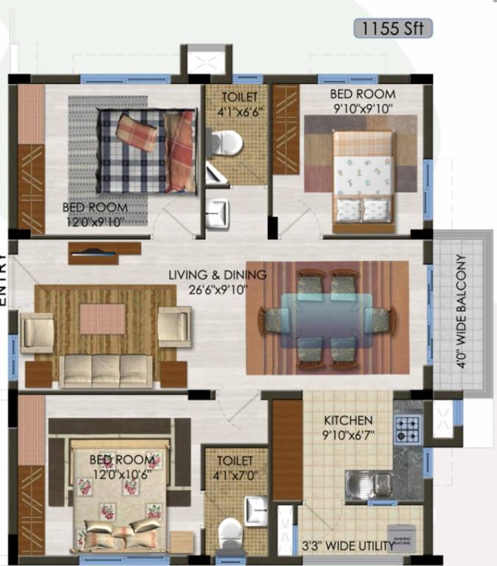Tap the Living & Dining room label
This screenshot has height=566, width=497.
tap(217, 275)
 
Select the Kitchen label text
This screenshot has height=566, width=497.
tap(348, 420)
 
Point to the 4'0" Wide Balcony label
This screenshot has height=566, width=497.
tap(462, 311)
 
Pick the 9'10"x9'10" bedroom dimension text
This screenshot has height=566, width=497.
tap(362, 108)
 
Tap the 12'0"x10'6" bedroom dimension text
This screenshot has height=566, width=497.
tap(123, 473)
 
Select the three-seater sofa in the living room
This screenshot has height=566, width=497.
tap(105, 371)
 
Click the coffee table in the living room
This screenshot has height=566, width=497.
tap(102, 319)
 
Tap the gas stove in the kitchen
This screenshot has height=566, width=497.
tap(407, 429)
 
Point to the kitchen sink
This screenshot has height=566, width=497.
tap(370, 484)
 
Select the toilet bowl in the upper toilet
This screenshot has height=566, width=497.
tap(226, 141)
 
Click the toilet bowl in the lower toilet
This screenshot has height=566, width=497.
tap(231, 531)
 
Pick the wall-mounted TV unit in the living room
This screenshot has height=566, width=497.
tap(104, 252)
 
